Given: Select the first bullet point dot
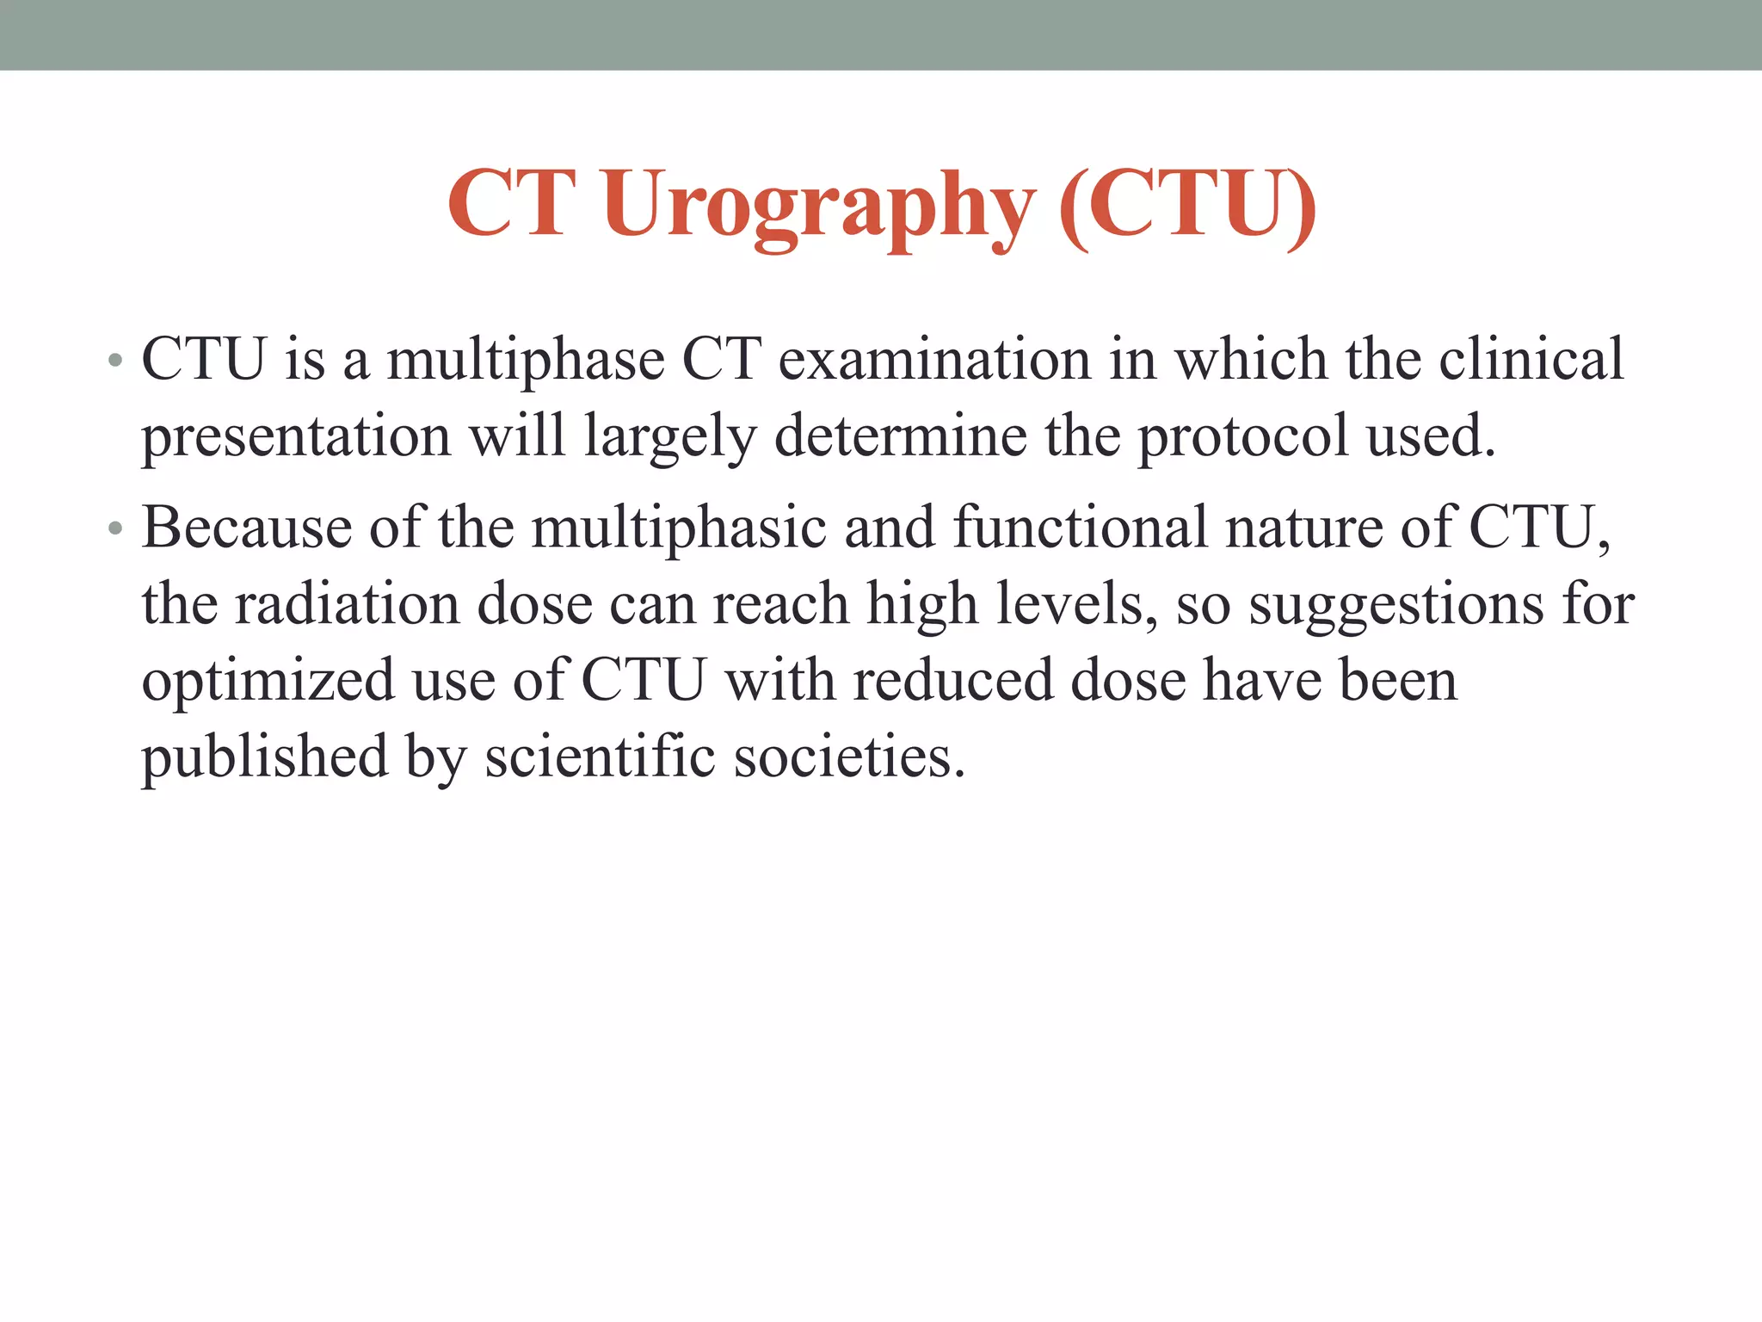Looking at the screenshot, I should click(x=115, y=360).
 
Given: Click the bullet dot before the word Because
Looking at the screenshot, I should click(x=115, y=528).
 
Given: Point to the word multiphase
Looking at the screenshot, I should click(x=526, y=360).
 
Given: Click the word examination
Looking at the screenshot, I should click(x=934, y=360).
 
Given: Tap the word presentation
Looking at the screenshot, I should click(x=296, y=436).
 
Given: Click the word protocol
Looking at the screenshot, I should click(x=1243, y=436).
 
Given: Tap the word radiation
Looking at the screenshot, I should click(x=347, y=604).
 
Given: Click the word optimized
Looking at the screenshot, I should click(x=268, y=681).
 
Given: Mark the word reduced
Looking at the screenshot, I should click(x=953, y=680).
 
